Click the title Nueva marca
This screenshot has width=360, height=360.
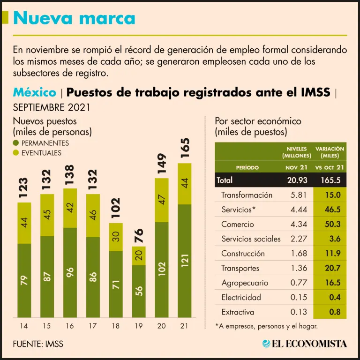[x=74, y=18]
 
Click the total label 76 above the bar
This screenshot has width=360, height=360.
[x=139, y=236]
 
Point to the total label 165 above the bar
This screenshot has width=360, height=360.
[x=185, y=148]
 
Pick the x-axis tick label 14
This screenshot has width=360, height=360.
[x=23, y=326]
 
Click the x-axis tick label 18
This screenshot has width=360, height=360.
[x=116, y=326]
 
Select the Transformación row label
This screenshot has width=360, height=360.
[x=247, y=195]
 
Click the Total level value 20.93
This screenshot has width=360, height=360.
[x=297, y=180]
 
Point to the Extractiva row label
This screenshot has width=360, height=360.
[x=238, y=312]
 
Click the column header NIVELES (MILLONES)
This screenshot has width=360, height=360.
[x=297, y=152]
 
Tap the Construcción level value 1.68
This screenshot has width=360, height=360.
[x=299, y=254]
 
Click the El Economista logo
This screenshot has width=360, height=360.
[x=305, y=344]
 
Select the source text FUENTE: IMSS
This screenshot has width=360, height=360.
[x=38, y=344]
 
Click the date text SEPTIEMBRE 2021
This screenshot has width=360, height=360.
[x=52, y=107]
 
